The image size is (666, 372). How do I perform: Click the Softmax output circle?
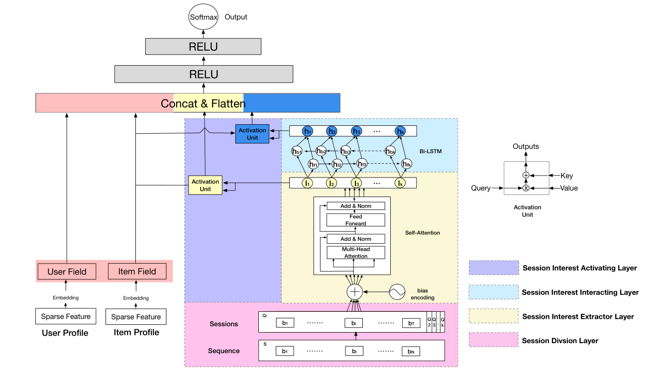point(203,17)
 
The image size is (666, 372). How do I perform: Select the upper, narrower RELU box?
point(203,47)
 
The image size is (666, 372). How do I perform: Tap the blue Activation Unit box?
point(252,134)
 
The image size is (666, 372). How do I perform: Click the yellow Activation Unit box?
point(205,186)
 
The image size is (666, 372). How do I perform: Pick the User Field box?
point(67,272)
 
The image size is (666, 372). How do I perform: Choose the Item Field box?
point(137,272)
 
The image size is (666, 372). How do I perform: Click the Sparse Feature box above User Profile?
point(66,316)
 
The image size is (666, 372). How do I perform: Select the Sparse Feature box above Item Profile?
point(136,316)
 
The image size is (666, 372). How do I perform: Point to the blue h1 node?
point(308,131)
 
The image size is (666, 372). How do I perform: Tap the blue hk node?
point(400,131)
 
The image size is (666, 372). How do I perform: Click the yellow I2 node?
point(331,183)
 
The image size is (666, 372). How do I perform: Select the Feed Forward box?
point(355,220)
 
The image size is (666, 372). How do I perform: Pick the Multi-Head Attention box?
point(355,252)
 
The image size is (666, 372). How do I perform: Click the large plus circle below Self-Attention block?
point(355,292)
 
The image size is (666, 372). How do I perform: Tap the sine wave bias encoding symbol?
point(398,292)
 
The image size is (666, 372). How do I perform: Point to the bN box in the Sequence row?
point(411,352)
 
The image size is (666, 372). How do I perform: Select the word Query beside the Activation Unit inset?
point(481,188)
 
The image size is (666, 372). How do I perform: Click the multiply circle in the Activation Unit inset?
point(526,188)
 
